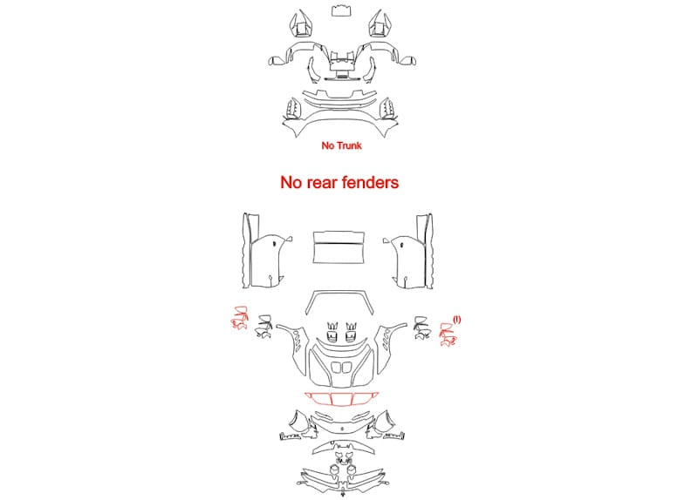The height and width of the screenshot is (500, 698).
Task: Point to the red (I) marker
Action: pyautogui.click(x=457, y=320)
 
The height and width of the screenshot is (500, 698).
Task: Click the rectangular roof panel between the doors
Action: pyautogui.click(x=339, y=247)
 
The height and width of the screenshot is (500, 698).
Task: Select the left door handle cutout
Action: pyautogui.click(x=275, y=244)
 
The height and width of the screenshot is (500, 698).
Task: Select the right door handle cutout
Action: pyautogui.click(x=402, y=245)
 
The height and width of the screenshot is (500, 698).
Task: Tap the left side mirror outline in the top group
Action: pyautogui.click(x=276, y=60)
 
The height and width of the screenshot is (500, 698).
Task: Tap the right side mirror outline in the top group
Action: pyautogui.click(x=407, y=60)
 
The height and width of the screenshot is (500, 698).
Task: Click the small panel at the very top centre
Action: pyautogui.click(x=341, y=10)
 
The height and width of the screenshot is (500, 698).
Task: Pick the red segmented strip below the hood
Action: pyautogui.click(x=341, y=398)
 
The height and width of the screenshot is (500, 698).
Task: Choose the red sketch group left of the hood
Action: pyautogui.click(x=239, y=318)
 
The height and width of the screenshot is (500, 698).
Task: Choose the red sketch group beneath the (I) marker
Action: pyautogui.click(x=448, y=334)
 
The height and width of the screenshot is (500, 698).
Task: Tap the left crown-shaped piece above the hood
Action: pyautogui.click(x=332, y=332)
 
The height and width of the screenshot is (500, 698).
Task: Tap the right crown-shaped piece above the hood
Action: pyautogui.click(x=352, y=332)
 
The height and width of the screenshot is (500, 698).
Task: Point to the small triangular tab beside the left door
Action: pyautogui.click(x=290, y=239)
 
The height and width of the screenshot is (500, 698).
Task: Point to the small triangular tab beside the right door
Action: pyautogui.click(x=387, y=240)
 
